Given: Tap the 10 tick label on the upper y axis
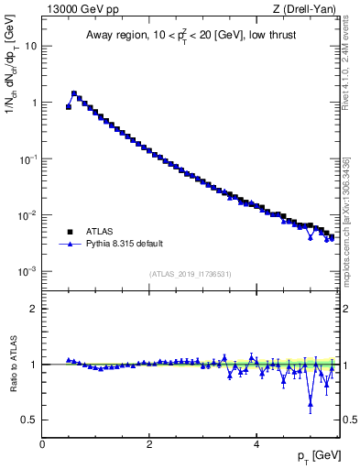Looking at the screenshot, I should (x=31, y=46).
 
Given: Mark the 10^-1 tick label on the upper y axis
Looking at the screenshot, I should (x=28, y=158).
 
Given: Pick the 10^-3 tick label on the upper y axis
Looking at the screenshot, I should (x=28, y=272).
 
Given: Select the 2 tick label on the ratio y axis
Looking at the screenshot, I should (x=33, y=309).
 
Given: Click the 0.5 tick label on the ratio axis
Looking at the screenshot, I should (x=29, y=420).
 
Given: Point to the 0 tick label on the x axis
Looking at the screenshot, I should (x=42, y=443).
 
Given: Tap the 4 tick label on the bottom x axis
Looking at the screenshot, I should (x=256, y=443).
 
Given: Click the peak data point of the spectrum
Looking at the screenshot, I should (x=74, y=93).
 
